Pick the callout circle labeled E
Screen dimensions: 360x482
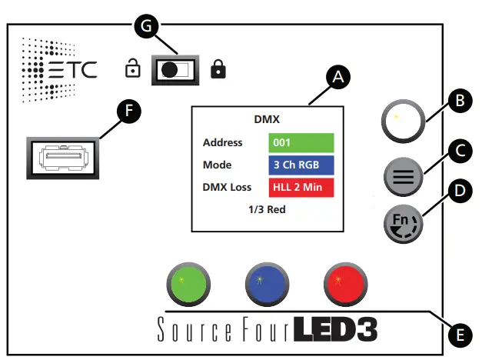pyautogui.click(x=459, y=335)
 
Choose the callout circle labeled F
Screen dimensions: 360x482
pyautogui.click(x=128, y=112)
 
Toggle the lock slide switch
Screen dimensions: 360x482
pyautogui.click(x=176, y=70)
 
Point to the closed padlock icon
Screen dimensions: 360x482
pyautogui.click(x=219, y=70)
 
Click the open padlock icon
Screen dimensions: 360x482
pyautogui.click(x=133, y=70)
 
